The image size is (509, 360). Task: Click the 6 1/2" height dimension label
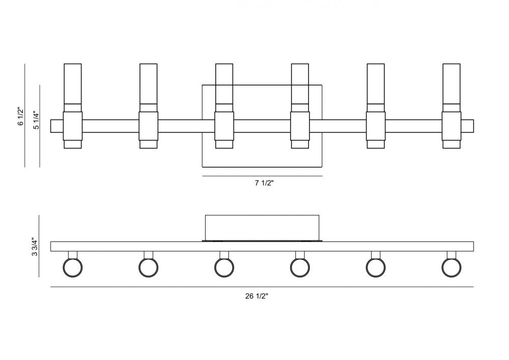21,116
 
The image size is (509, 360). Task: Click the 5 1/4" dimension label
36,121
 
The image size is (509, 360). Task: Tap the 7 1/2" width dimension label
264,183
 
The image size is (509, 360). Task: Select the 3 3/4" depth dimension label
35,247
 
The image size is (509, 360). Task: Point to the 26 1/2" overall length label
257,296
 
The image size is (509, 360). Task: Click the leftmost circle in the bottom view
72,268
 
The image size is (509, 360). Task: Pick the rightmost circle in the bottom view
451,268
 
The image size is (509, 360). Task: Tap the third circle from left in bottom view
224,268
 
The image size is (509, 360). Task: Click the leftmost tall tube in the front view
73,84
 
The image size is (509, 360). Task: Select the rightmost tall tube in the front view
451,84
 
